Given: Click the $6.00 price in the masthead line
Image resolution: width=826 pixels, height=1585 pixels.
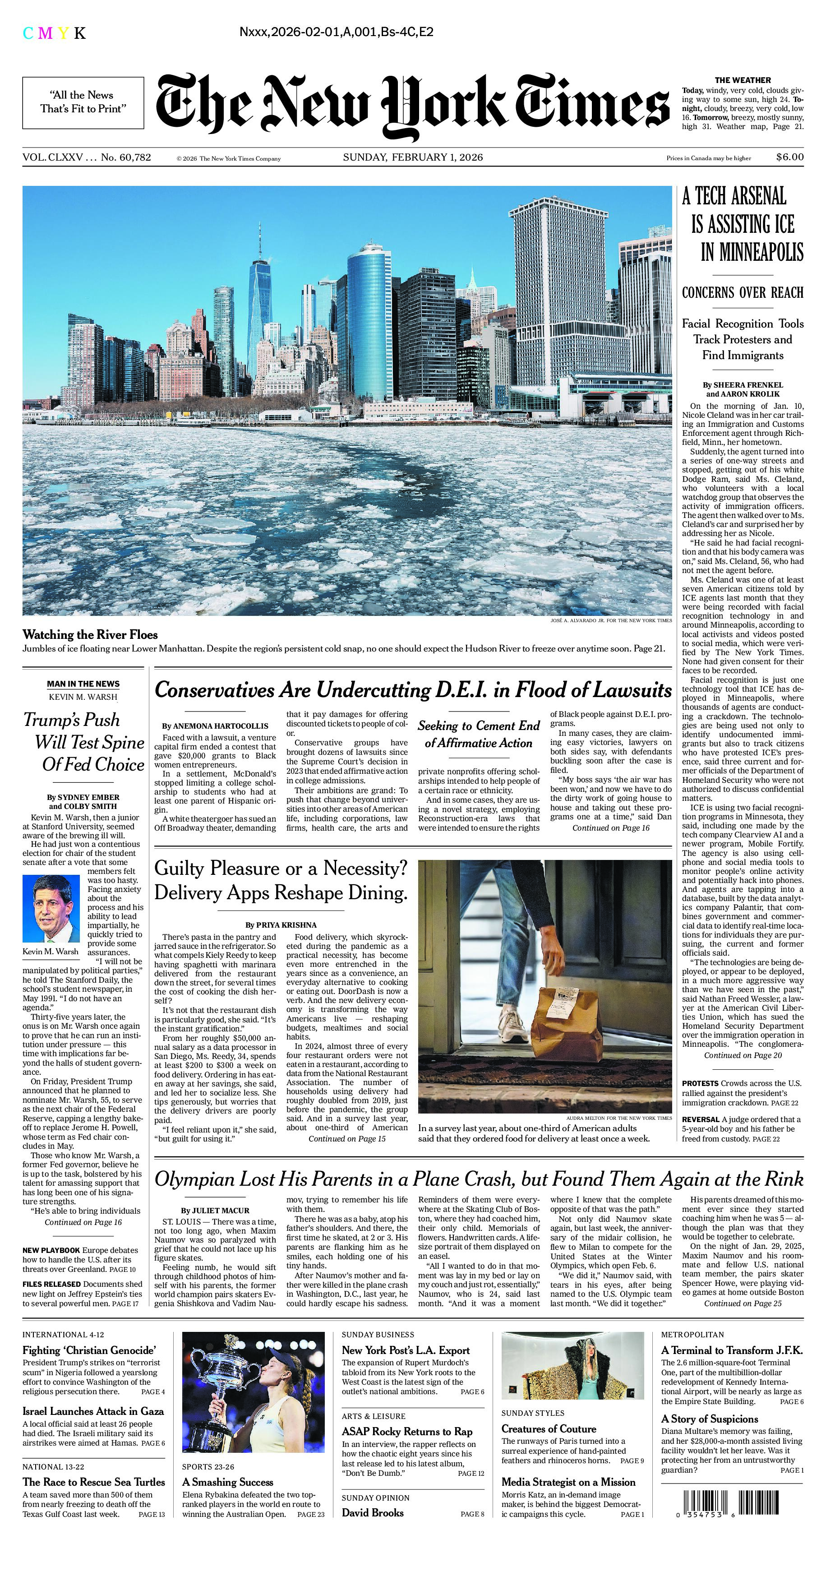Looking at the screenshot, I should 789,157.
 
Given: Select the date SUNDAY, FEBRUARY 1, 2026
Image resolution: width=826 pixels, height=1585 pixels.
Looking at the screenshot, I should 413,157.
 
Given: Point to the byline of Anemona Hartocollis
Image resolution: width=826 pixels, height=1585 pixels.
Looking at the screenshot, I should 215,726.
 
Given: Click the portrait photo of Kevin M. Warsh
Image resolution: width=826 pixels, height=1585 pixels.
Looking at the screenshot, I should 51,910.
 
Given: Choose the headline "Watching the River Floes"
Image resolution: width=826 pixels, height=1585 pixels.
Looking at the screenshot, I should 90,635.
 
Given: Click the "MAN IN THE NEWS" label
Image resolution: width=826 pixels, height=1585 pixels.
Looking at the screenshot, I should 83,684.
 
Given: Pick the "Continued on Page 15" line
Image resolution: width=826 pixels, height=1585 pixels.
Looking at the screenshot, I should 347,1139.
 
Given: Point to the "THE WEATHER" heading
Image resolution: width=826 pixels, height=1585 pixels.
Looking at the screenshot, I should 743,80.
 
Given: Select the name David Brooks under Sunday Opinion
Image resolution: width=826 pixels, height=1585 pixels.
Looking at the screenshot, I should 373,1513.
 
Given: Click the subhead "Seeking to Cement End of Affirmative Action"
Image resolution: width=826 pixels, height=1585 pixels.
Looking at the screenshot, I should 479,734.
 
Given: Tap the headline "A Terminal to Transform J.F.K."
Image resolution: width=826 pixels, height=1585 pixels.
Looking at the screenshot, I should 731,1350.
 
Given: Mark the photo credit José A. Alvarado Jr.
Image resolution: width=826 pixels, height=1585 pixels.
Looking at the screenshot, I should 611,621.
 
